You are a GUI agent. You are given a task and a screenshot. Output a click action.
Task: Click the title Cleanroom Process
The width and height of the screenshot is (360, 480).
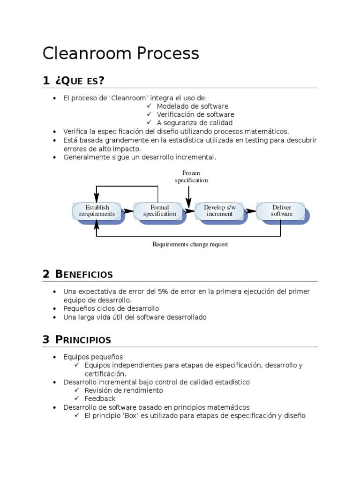click(x=120, y=53)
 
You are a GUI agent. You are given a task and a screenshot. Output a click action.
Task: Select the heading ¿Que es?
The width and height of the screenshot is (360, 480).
click(x=80, y=81)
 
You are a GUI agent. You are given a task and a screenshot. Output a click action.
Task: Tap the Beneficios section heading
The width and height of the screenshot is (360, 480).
click(x=84, y=274)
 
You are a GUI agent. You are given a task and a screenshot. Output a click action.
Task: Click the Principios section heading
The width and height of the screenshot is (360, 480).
click(x=83, y=340)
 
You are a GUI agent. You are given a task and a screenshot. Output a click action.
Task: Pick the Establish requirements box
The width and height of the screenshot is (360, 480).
click(x=97, y=210)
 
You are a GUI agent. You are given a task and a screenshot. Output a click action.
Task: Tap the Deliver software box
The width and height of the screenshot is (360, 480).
click(x=281, y=210)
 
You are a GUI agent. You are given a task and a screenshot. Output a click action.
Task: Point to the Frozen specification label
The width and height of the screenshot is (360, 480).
click(x=191, y=177)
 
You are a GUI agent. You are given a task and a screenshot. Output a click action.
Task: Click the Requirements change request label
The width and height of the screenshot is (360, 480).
click(x=190, y=244)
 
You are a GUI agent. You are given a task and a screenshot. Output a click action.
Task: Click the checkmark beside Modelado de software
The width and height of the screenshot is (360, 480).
click(x=149, y=106)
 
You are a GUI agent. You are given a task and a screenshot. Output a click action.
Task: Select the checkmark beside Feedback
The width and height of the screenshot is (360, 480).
click(x=76, y=399)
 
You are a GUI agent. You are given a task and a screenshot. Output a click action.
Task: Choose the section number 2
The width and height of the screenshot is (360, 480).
click(x=46, y=274)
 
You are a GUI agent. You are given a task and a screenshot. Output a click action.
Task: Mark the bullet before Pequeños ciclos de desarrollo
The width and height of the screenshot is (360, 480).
click(x=55, y=308)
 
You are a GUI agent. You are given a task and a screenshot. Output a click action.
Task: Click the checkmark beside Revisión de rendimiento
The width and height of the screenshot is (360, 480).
click(x=76, y=390)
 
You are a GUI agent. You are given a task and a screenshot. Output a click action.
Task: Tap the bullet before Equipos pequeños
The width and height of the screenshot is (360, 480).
click(x=55, y=357)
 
